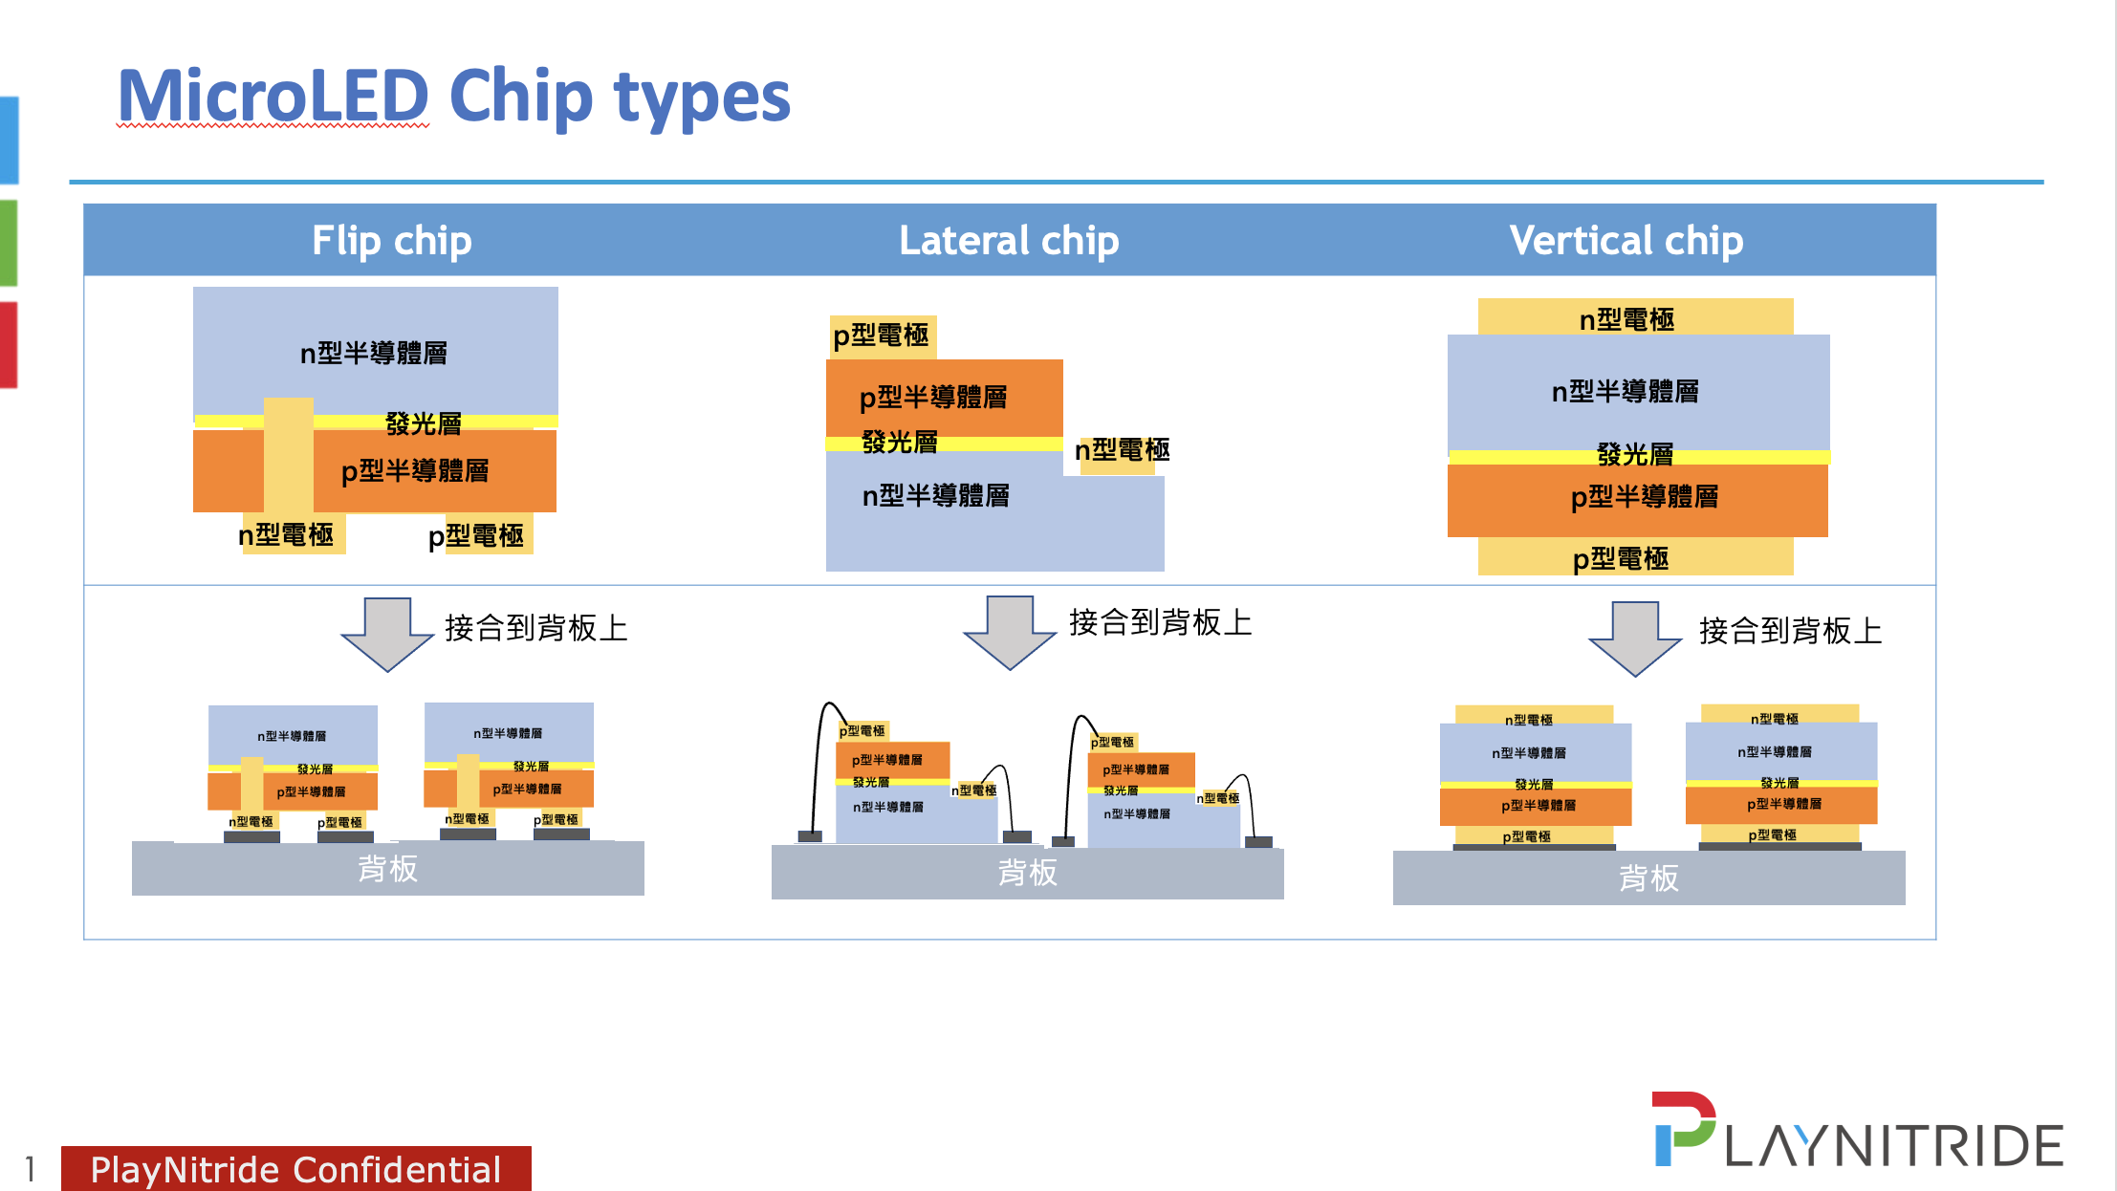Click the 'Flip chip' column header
coord(392,241)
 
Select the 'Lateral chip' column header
coord(1009,241)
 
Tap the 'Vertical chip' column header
coord(1626,241)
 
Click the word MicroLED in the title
coord(273,97)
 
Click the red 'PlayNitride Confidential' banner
coord(296,1169)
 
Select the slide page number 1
coord(31,1169)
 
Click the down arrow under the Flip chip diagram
coord(387,634)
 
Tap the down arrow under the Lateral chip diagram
coord(1010,632)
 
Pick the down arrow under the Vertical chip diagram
coord(1635,638)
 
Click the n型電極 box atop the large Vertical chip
coord(1635,318)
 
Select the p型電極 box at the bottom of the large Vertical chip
coord(1635,557)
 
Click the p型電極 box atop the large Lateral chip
coord(882,336)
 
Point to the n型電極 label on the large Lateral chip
coord(1123,450)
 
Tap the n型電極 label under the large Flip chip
coord(287,535)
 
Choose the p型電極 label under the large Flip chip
coord(476,535)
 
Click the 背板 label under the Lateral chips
coord(1027,873)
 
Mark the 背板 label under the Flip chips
coord(387,869)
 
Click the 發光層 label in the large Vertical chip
coord(1635,454)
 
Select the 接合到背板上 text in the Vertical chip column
coord(1790,631)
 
